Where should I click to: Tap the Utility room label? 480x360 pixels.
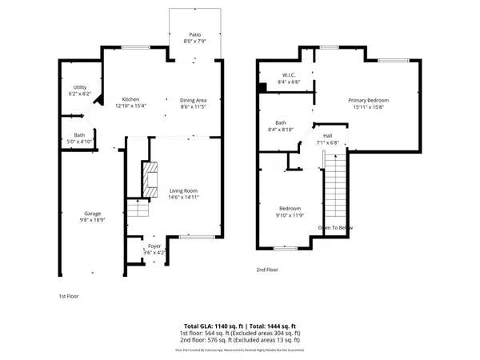pos(80,86)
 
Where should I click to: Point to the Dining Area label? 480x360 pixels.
pos(194,100)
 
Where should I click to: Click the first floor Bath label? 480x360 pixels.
pos(80,135)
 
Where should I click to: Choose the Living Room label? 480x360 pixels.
pos(183,190)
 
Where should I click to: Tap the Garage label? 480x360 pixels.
pos(93,213)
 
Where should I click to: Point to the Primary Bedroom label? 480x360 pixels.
pos(367,100)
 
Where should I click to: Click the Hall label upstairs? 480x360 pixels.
pos(327,137)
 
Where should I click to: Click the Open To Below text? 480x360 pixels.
pos(335,228)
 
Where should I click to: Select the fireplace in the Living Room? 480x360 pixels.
pos(149,179)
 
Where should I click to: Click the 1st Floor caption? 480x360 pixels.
pos(69,295)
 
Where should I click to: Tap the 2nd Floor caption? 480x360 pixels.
pos(267,270)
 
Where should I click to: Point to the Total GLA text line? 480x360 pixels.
pos(240,326)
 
